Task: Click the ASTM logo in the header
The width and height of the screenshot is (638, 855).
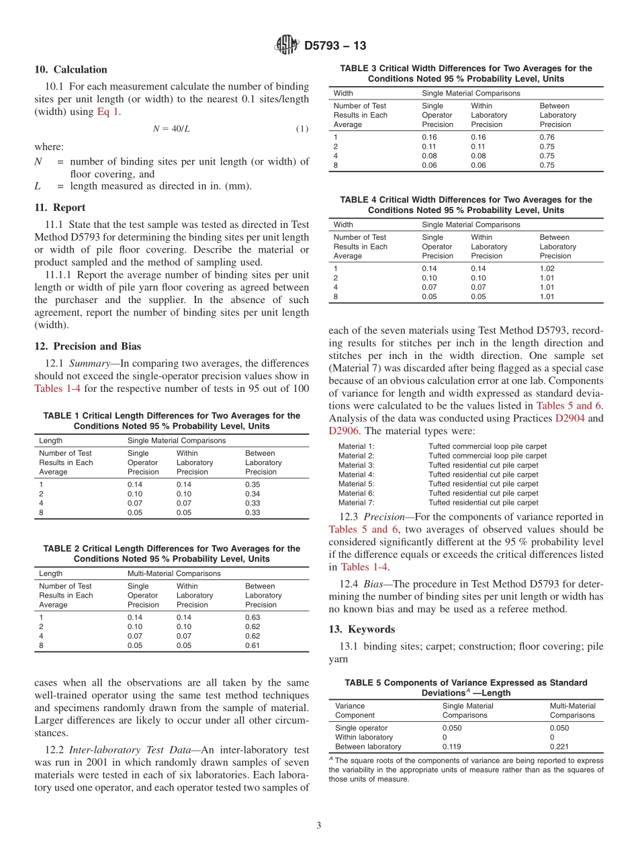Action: pos(287,46)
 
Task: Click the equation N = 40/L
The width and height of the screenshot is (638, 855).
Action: pos(171,128)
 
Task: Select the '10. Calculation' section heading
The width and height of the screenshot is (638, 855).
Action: pos(71,69)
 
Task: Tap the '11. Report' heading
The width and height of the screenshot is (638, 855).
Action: pos(60,208)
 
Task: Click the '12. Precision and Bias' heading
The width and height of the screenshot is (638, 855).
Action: pos(87,346)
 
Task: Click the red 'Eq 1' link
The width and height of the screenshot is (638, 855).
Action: pos(108,112)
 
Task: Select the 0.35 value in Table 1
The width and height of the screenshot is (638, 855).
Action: pos(252,484)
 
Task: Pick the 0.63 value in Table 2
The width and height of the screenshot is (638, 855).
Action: pos(252,617)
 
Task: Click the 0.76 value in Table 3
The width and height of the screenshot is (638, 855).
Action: pos(547,137)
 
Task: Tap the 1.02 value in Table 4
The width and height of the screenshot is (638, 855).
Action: pos(547,268)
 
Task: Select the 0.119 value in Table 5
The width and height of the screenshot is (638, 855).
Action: pos(452,746)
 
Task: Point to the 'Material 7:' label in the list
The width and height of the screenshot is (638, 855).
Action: pos(356,502)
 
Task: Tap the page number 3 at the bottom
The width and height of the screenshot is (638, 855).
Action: pos(319,825)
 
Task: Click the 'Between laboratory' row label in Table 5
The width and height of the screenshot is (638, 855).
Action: pos(368,746)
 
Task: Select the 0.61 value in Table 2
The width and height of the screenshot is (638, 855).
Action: pos(252,645)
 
